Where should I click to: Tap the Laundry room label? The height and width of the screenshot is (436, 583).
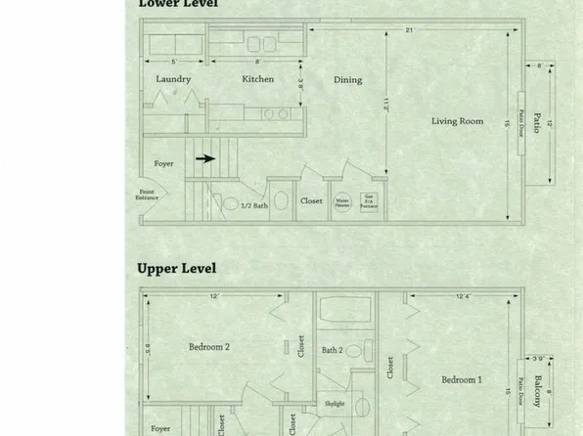pyautogui.click(x=173, y=79)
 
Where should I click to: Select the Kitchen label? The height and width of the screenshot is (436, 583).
pyautogui.click(x=257, y=79)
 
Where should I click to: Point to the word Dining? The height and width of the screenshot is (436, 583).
pyautogui.click(x=347, y=80)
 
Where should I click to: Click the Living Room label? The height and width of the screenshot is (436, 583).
pyautogui.click(x=458, y=121)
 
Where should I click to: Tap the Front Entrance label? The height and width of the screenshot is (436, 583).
pyautogui.click(x=147, y=196)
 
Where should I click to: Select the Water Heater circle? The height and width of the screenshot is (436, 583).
pyautogui.click(x=343, y=200)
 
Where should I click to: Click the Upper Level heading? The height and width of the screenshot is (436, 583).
pyautogui.click(x=176, y=268)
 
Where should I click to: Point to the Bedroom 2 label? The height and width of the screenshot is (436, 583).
pyautogui.click(x=209, y=346)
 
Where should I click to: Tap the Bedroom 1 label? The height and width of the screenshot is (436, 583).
pyautogui.click(x=461, y=379)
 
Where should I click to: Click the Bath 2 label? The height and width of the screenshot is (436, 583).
pyautogui.click(x=334, y=350)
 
